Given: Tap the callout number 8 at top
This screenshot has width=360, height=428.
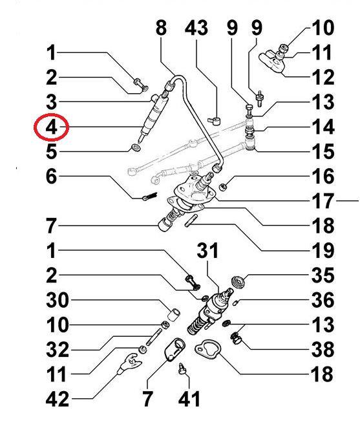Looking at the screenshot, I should (x=161, y=28).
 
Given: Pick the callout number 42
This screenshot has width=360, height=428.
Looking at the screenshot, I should (x=58, y=398).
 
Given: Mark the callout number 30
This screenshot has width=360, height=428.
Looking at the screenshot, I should (x=58, y=301).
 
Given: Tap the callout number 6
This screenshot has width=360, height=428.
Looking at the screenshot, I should (x=52, y=177).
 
